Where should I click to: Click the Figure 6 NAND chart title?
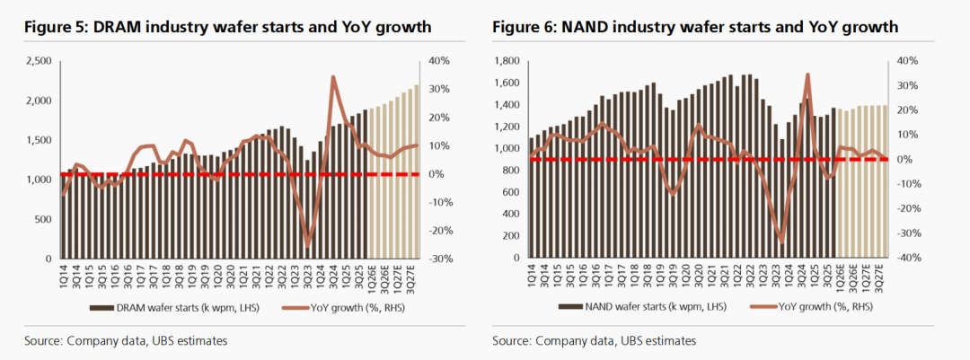695,28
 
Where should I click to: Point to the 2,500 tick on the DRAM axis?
38,61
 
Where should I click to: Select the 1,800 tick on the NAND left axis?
508,61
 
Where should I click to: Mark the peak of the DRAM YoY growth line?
333,77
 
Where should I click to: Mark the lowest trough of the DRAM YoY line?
308,245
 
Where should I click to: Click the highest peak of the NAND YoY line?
808,75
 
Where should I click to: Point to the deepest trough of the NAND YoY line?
781,241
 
